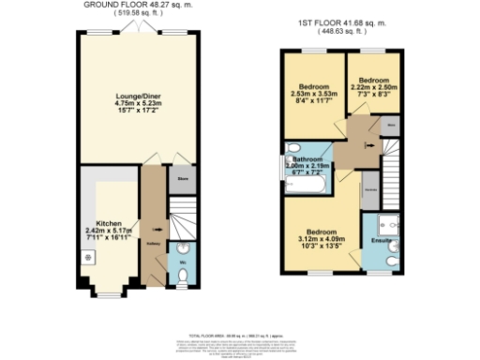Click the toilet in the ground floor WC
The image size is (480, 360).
(x=184, y=275)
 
